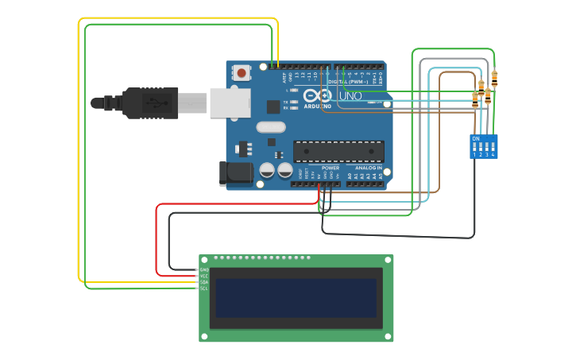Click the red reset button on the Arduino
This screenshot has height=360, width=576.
242,73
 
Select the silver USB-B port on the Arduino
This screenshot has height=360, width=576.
230,103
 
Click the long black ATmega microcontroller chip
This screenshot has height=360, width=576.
338,151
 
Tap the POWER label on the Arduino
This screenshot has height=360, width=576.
331,168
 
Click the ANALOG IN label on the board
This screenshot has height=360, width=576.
368,168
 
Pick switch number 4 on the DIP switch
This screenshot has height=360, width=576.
493,148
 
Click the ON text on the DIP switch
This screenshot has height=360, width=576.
476,139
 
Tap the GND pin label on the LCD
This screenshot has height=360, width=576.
204,270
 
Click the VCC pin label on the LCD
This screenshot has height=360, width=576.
204,276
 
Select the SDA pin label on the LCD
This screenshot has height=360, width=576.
204,282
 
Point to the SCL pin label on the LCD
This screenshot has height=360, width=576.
204,288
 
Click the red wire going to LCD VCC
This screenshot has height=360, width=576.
157,238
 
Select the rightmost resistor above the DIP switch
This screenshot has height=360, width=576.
494,78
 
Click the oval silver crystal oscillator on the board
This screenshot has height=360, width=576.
270,126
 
